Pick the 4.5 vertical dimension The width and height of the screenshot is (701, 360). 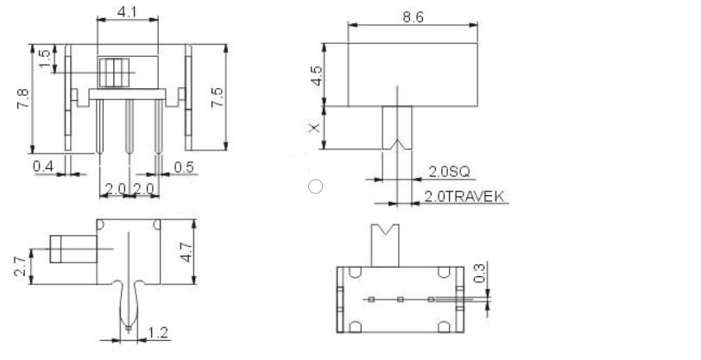[x=317, y=75]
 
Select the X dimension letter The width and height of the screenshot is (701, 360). [x=315, y=128]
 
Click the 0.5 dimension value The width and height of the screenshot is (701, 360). [x=183, y=166]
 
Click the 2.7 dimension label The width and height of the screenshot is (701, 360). [x=20, y=266]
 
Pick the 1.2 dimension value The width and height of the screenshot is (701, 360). [x=158, y=332]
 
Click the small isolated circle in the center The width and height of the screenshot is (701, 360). [x=316, y=186]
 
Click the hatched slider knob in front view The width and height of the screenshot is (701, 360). [x=114, y=72]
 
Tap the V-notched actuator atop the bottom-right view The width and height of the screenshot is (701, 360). [x=385, y=244]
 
